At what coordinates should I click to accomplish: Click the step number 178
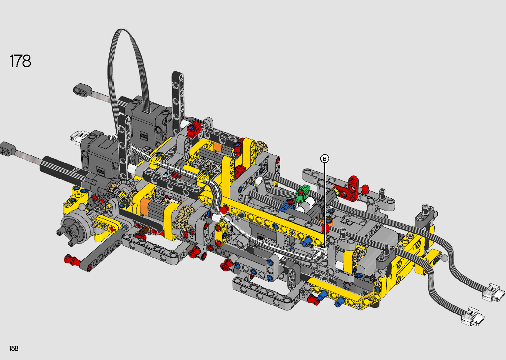[x=20, y=61]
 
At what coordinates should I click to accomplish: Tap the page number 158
[x=14, y=348]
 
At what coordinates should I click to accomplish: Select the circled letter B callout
[x=325, y=159]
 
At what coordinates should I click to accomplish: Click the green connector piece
[x=303, y=193]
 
